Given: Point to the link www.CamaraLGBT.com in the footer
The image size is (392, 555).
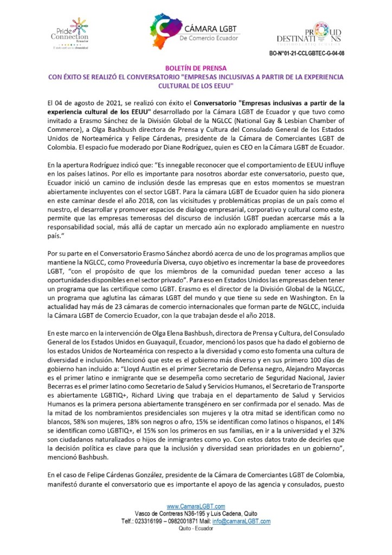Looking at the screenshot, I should (196, 506).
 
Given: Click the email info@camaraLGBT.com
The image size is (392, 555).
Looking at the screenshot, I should (249, 521).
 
